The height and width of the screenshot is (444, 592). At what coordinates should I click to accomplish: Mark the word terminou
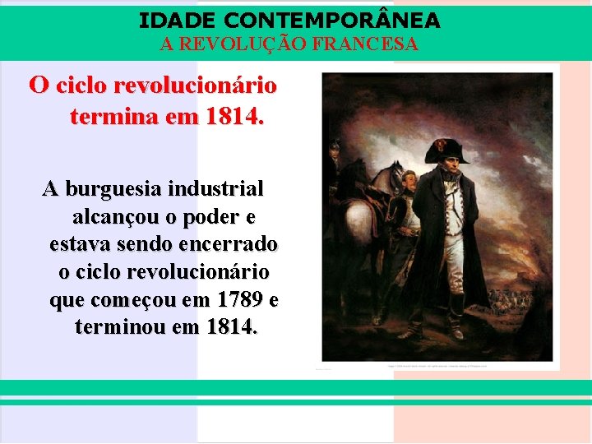118,327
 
